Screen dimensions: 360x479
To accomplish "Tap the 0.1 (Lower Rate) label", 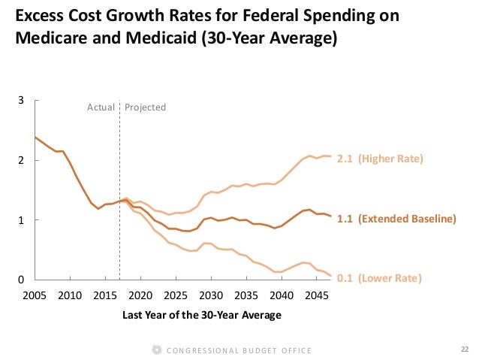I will pos(378,278).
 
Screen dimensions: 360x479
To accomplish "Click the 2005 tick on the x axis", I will pos(35,295).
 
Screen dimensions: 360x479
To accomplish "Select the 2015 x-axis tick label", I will pos(105,295).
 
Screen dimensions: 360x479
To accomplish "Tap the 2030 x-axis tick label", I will pos(211,295).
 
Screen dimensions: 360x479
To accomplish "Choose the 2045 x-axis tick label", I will pos(317,295).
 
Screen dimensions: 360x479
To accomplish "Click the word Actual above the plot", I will pos(101,107).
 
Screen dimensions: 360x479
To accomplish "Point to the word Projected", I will pos(145,107).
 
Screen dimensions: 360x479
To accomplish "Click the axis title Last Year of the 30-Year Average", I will pos(201,315).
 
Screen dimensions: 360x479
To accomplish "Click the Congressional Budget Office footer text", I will pos(239,350).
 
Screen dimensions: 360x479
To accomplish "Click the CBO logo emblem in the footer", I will pos(156,349).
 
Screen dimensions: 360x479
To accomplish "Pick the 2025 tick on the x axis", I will pos(176,295).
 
